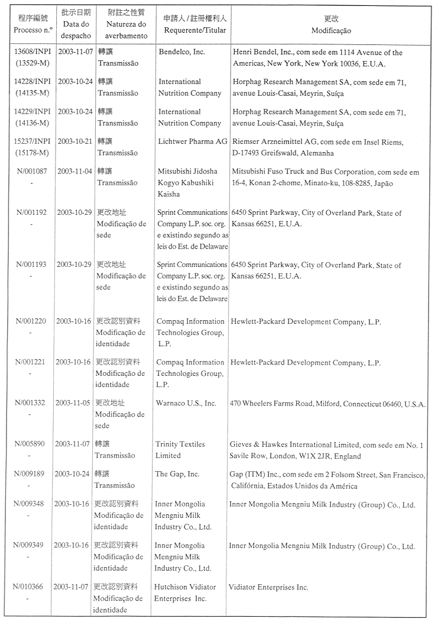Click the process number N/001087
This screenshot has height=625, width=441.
tap(34, 172)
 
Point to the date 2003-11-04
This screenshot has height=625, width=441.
tap(75, 172)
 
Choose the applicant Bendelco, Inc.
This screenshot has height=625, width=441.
tap(182, 52)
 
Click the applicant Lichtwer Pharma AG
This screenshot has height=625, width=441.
tap(193, 141)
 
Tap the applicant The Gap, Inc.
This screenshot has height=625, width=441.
tap(177, 474)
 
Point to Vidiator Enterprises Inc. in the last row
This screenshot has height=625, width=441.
tap(269, 587)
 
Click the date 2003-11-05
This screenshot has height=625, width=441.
tap(73, 403)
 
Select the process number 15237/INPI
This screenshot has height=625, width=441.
tap(34, 141)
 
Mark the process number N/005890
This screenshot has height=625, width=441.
tap(31, 444)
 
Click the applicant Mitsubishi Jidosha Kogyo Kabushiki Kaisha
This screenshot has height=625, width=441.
tap(187, 183)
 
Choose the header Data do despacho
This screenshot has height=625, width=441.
tap(76, 24)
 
